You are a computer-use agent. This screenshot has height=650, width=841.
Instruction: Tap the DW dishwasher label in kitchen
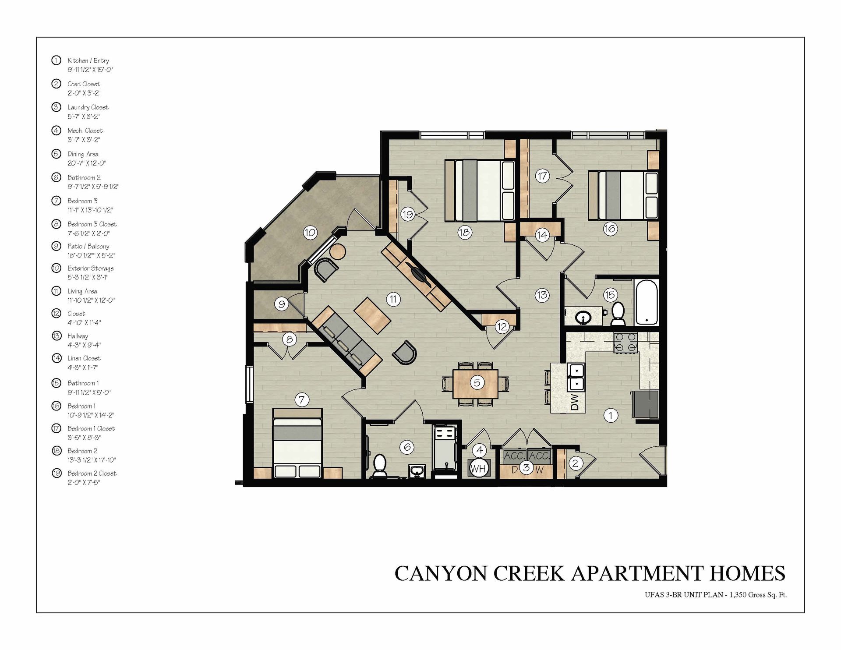[575, 402]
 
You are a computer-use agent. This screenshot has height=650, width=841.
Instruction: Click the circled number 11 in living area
[393, 300]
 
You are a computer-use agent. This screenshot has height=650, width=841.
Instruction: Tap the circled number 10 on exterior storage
[310, 232]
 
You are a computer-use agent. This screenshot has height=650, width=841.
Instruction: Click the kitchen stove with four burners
[625, 343]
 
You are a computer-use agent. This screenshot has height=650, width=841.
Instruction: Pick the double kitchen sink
[575, 377]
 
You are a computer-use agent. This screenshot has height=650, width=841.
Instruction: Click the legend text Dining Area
[83, 154]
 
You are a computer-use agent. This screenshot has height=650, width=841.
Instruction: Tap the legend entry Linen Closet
[84, 358]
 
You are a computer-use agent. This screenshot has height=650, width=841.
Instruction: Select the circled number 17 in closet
[542, 176]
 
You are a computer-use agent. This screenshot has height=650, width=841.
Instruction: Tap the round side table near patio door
[338, 252]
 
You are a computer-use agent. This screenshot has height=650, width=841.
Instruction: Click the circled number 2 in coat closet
[576, 463]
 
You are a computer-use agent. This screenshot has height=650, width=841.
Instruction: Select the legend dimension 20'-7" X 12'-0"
[87, 163]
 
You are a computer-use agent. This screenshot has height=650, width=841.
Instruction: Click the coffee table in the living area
[372, 315]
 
